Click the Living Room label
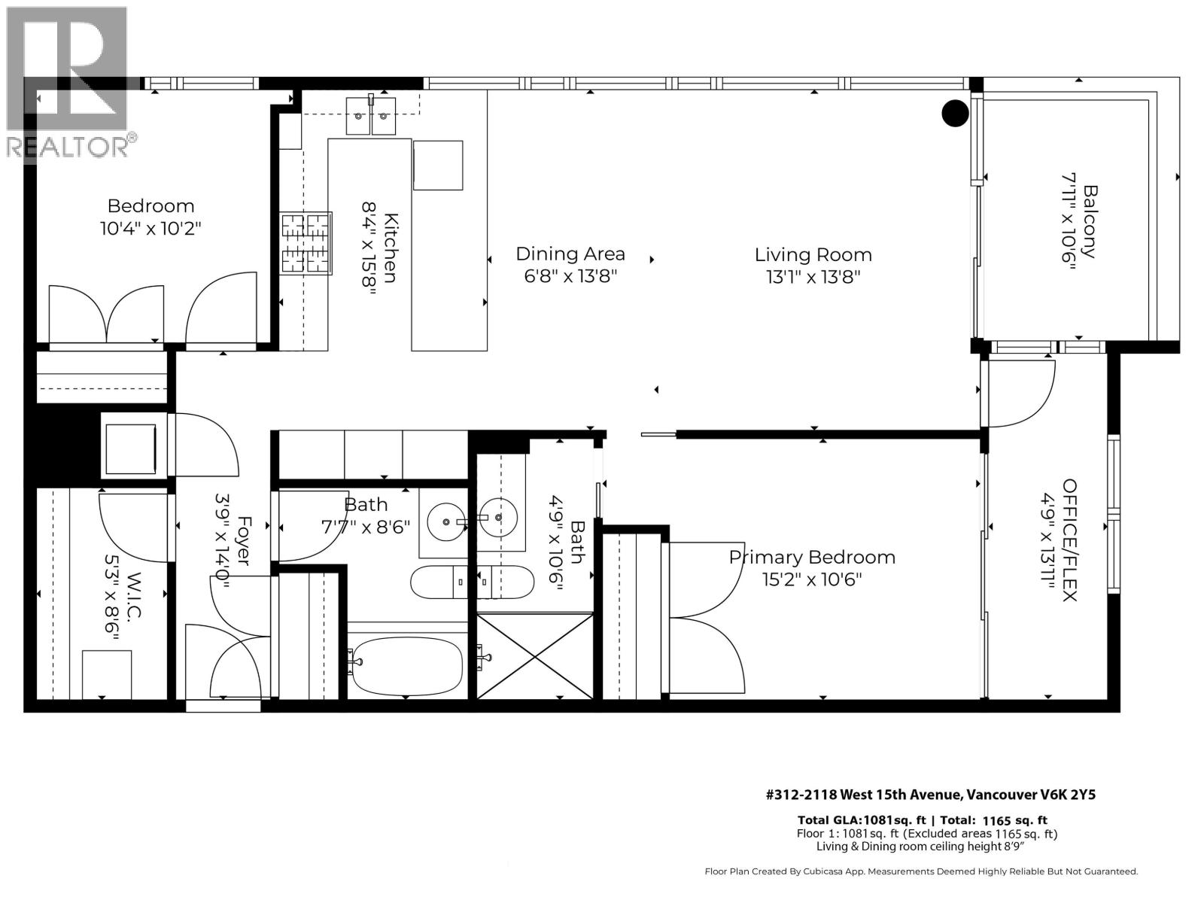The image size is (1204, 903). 813,255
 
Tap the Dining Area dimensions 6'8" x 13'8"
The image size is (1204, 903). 570,276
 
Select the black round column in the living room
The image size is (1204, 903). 955,113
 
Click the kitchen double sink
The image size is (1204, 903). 371,117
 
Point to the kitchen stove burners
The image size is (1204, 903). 306,242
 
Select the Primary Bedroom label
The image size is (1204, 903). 812,558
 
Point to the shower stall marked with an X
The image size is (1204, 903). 535,655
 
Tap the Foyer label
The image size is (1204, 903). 243,540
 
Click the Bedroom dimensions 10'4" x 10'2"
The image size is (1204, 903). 150,228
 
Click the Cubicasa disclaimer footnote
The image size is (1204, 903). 920,871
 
